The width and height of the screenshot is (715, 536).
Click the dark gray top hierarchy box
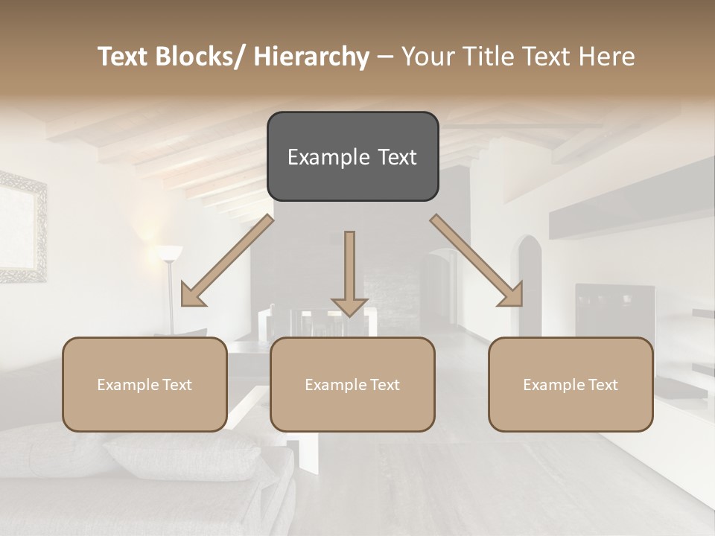352,156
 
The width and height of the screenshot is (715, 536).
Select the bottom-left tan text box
144,384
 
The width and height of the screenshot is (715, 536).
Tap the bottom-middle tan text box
352,384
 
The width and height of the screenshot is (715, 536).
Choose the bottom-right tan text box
571,384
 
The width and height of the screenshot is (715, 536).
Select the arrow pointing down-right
477,261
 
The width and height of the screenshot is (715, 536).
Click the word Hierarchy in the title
311,57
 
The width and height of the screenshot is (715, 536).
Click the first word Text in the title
124,57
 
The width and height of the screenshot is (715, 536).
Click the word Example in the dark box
328,157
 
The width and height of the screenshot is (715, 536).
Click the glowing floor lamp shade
169,254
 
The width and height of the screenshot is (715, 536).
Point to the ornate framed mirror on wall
22,227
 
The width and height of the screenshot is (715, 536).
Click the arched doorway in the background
529,283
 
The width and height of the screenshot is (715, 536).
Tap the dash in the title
385,57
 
